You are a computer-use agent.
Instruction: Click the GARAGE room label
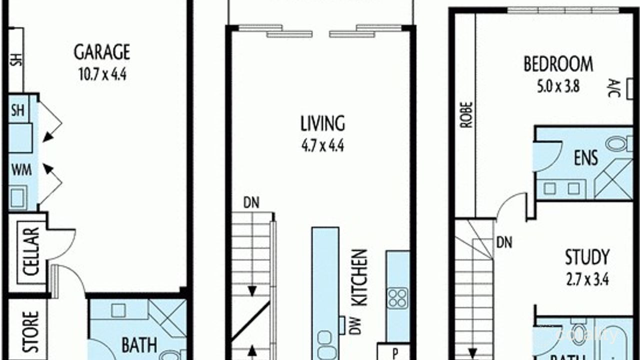pos(102,52)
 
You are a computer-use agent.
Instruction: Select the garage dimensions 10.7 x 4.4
pos(102,75)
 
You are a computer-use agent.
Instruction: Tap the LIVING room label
pos(322,123)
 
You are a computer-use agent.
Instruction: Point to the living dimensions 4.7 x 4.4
pos(322,146)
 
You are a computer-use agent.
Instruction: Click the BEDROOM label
pos(558,64)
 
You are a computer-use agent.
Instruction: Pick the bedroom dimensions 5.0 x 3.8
pos(558,86)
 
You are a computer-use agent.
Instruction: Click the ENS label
pos(585,158)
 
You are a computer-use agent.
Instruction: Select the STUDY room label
pos(587,257)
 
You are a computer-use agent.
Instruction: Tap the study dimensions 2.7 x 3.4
pos(587,279)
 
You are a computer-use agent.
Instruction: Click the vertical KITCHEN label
pos(360,277)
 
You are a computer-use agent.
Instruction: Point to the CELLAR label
pos(31,251)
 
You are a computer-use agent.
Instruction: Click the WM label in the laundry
pos(21,170)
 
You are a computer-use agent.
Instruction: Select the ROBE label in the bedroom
pos(466,114)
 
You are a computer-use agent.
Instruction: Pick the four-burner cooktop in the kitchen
pos(398,297)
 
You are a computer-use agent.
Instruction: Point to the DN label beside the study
pos(504,243)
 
